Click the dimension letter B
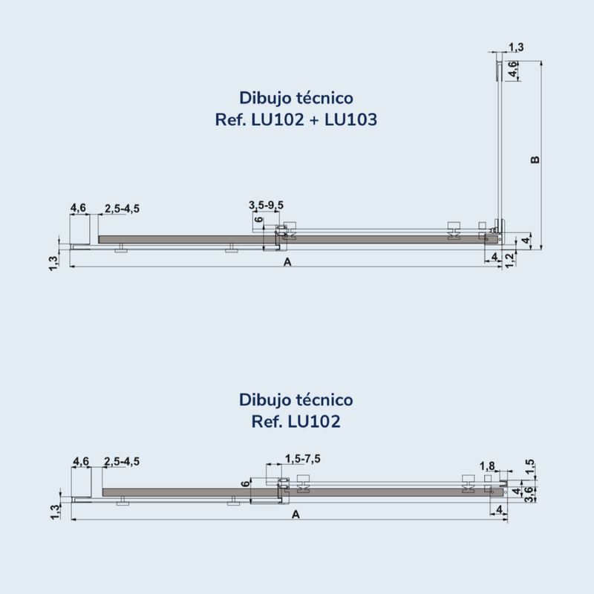(x=535, y=160)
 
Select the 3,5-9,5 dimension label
(x=266, y=206)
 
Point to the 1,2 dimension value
(x=510, y=260)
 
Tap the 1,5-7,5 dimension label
(x=303, y=459)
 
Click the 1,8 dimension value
(x=487, y=466)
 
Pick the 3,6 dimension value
(x=529, y=495)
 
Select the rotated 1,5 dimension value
(x=530, y=466)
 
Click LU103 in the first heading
(x=350, y=120)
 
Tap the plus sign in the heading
(x=314, y=120)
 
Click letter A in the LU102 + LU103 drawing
(x=287, y=262)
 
